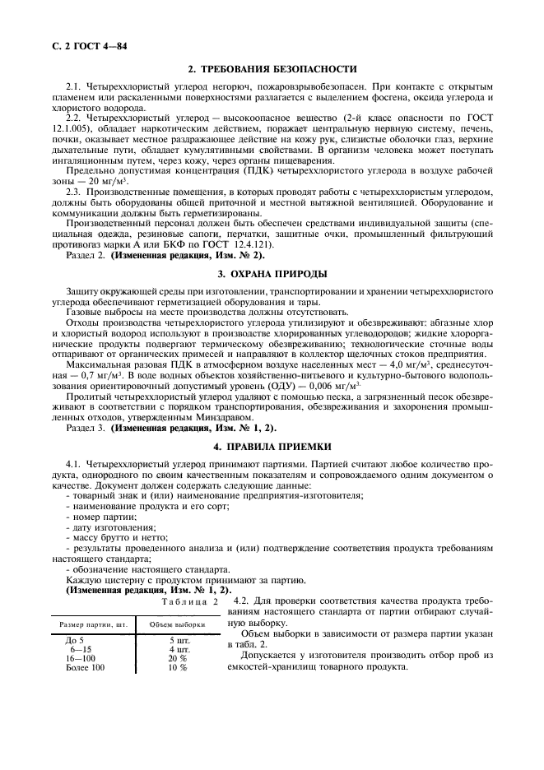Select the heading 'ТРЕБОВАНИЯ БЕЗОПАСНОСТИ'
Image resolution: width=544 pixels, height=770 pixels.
pyautogui.click(x=279, y=69)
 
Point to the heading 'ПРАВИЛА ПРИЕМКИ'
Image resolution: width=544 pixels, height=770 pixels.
pyautogui.click(x=279, y=447)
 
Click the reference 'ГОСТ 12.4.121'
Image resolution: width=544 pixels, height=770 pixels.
pyautogui.click(x=240, y=244)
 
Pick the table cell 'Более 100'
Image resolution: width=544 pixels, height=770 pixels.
pyautogui.click(x=85, y=667)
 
